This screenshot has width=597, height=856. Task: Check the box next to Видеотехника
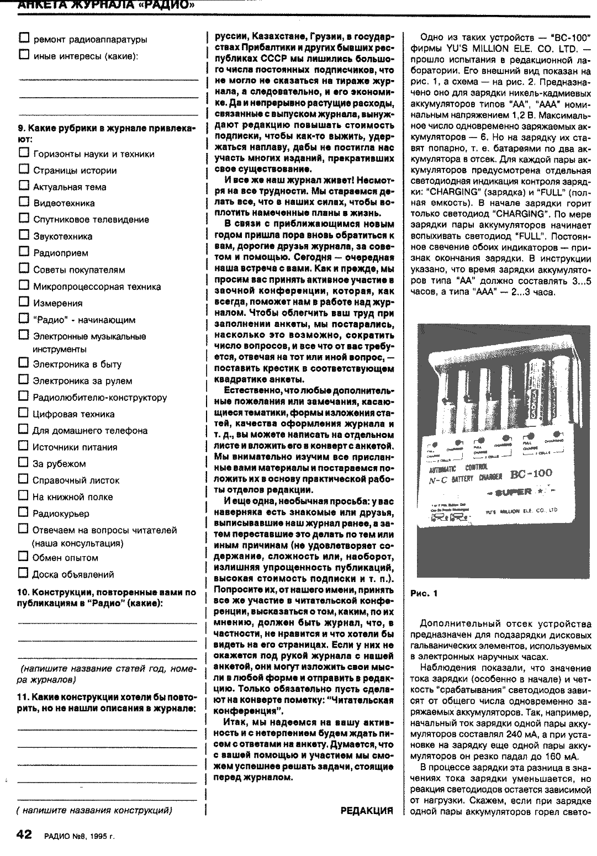point(24,202)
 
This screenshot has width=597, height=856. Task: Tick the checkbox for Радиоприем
point(24,252)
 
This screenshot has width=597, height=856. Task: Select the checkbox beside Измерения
point(24,302)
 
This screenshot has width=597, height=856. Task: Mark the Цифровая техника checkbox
point(24,413)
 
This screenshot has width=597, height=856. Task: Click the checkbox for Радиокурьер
point(24,512)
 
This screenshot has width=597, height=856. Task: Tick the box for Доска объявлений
point(24,573)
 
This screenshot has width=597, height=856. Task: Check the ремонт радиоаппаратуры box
point(24,39)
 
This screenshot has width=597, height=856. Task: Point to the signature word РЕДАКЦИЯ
point(367,811)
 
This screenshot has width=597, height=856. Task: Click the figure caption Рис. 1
point(424,594)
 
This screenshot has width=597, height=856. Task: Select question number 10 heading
point(107,597)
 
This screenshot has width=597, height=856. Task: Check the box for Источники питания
point(24,446)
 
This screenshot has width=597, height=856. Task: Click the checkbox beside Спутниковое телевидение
point(24,219)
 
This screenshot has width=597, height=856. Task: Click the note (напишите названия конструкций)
point(94,810)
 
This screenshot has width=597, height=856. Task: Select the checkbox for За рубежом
point(24,463)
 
